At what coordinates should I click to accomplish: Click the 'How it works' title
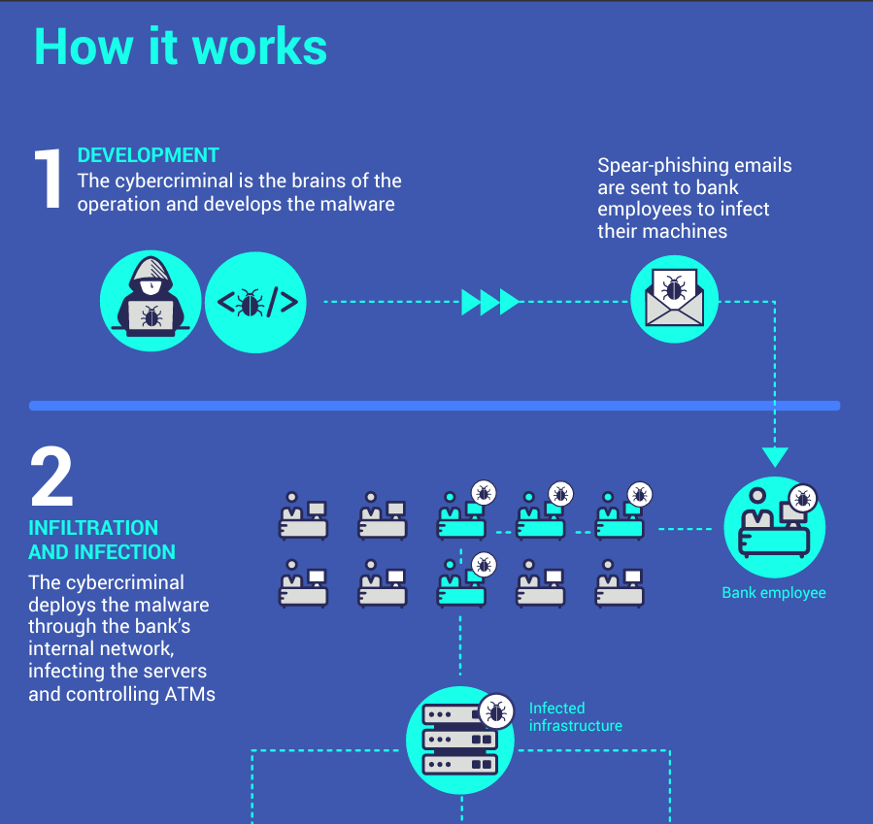click(181, 46)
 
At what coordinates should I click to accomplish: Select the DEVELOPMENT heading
click(148, 155)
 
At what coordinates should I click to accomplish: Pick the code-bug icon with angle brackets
click(256, 303)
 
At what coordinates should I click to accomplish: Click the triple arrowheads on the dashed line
click(490, 303)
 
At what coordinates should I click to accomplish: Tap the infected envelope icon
click(674, 298)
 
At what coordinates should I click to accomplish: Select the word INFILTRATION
click(93, 528)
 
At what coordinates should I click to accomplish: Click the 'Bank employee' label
click(774, 592)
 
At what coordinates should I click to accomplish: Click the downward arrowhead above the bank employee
click(774, 456)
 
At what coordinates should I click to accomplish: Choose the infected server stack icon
click(460, 740)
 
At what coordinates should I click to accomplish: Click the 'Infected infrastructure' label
click(575, 717)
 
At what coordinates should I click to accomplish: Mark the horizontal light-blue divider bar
click(434, 405)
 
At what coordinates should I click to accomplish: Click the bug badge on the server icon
click(496, 713)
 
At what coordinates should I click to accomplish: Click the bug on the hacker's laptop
click(151, 315)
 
